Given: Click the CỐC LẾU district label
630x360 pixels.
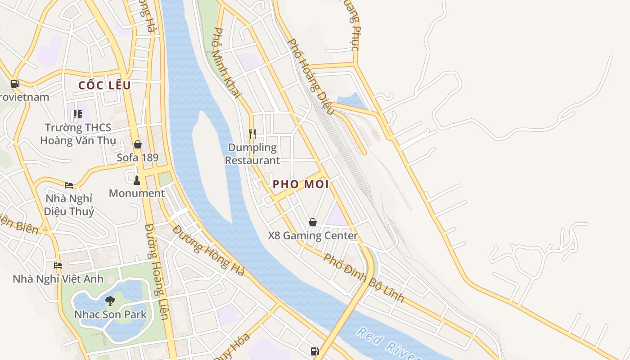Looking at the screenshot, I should click(104, 85).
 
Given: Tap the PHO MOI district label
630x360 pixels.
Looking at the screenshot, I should click(301, 184).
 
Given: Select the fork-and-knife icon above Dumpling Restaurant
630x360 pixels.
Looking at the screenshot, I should click(252, 134).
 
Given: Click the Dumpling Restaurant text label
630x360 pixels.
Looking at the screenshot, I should click(252, 154).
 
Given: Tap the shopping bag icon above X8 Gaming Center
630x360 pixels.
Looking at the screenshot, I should click(313, 222).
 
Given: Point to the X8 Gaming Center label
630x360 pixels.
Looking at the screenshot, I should click(313, 235).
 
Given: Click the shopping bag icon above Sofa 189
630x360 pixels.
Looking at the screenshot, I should click(138, 144).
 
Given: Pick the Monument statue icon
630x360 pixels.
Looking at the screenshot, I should click(137, 180).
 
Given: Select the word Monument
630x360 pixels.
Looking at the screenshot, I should click(137, 193).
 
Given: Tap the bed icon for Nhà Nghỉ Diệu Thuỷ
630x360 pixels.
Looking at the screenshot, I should click(69, 185).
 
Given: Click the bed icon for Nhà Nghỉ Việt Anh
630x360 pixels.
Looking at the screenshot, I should click(58, 265).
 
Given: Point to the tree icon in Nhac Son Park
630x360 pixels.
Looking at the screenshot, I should click(110, 301).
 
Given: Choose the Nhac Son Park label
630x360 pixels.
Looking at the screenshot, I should click(111, 314).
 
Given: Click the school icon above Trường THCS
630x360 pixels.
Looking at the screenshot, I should click(78, 114).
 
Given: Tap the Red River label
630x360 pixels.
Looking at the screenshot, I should click(389, 344).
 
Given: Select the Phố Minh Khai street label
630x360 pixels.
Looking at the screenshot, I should click(227, 63).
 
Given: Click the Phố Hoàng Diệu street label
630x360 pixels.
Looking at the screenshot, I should click(310, 76).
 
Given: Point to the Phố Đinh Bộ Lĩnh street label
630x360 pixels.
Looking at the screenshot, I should click(364, 278).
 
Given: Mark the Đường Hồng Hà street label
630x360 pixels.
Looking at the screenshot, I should click(209, 251).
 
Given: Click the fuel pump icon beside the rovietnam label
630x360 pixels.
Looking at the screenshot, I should click(15, 84).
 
